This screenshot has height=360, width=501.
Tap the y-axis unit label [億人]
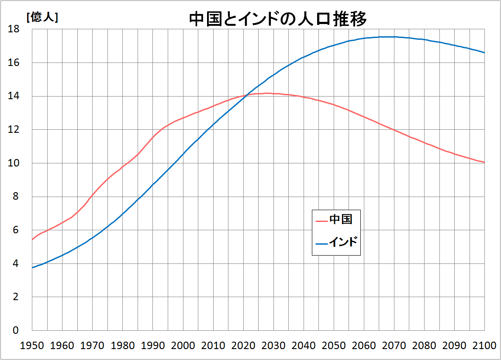pyautogui.click(x=42, y=18)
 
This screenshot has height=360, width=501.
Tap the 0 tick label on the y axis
pyautogui.click(x=16, y=330)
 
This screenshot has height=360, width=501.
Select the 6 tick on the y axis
pyautogui.click(x=16, y=230)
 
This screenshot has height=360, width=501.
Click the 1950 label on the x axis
pyautogui.click(x=32, y=345)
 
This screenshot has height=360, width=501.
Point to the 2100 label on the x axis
pyautogui.click(x=484, y=345)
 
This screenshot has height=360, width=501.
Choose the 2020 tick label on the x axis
pyautogui.click(x=243, y=345)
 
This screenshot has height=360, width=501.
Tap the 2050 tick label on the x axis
pyautogui.click(x=334, y=345)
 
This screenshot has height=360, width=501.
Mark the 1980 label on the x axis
pyautogui.click(x=123, y=345)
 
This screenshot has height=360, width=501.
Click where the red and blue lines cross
pyautogui.click(x=245, y=96)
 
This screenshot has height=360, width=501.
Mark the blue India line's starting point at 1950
pyautogui.click(x=32, y=267)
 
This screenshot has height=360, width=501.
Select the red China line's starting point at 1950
pyautogui.click(x=32, y=239)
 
